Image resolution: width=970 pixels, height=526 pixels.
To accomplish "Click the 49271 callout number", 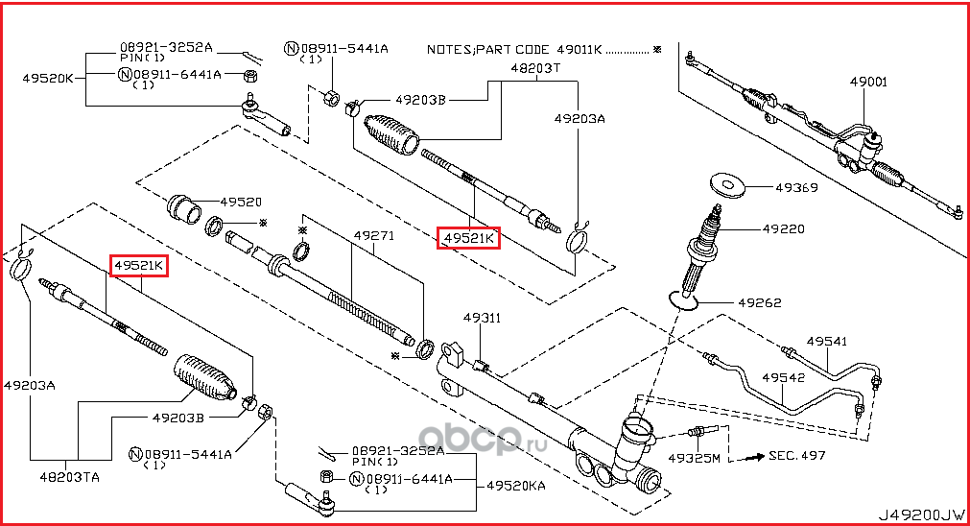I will [x=373, y=234].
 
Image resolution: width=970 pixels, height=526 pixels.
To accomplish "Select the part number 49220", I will [x=784, y=229].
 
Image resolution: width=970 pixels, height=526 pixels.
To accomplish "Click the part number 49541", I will [x=826, y=341].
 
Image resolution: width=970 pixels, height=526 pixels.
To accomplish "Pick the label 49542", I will [x=783, y=377].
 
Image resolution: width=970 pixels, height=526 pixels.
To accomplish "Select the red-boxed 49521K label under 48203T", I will [x=468, y=237].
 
